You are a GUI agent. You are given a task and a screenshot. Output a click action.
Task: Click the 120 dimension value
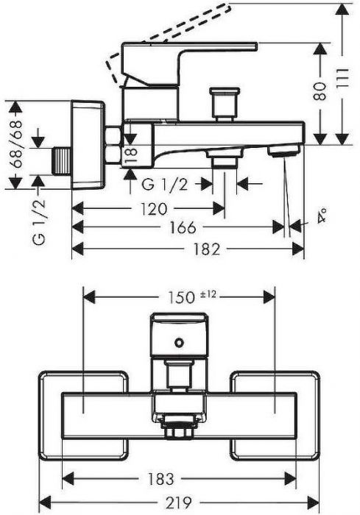pyautogui.click(x=154, y=209)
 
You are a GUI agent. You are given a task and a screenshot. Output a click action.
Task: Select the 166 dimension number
pyautogui.click(x=183, y=227)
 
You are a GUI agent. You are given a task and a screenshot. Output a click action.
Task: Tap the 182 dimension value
pyautogui.click(x=206, y=249)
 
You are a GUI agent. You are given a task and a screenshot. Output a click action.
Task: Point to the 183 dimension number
pyautogui.click(x=160, y=478)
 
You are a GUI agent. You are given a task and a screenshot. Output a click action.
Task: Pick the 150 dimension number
pyautogui.click(x=182, y=297)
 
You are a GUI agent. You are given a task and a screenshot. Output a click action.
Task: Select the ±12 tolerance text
pyautogui.click(x=208, y=294)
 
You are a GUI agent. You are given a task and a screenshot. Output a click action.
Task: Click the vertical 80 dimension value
pyautogui.click(x=320, y=91)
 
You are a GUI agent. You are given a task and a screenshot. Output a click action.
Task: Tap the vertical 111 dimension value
pyautogui.click(x=343, y=78)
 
